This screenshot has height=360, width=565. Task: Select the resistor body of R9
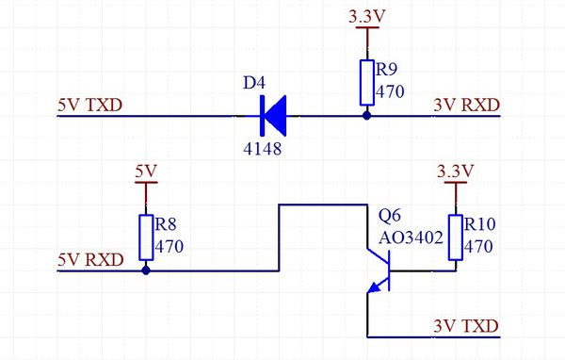(x=366, y=83)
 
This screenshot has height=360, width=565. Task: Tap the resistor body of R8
(x=146, y=237)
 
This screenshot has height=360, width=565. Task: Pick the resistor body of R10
(x=457, y=237)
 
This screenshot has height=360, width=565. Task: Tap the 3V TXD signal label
(x=464, y=325)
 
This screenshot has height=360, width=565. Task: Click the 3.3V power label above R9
(x=365, y=17)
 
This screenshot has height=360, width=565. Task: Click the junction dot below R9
(x=366, y=117)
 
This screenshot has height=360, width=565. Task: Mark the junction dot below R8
(x=146, y=271)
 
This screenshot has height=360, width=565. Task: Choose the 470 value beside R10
(x=479, y=246)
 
